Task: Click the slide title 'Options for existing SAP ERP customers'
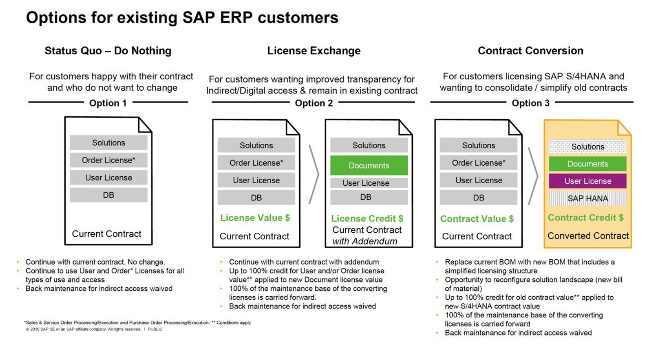(182, 18)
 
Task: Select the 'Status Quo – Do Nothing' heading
(108, 51)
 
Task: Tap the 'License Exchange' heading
(314, 51)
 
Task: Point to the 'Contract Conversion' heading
(530, 51)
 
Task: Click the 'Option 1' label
(108, 103)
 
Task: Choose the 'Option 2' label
(314, 103)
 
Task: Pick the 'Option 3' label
(530, 103)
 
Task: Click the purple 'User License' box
(587, 181)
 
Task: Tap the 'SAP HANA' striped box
(587, 199)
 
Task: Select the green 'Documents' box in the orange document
(587, 164)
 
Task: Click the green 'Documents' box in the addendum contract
(369, 166)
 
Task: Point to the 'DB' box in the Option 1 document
(108, 195)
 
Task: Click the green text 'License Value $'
(255, 218)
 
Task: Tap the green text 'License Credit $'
(367, 219)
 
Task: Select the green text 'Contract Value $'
(477, 219)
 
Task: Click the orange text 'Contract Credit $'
(585, 217)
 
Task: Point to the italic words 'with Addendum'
(365, 241)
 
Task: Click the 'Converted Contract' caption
(588, 236)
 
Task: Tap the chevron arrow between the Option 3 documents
(533, 176)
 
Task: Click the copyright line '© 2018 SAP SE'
(94, 329)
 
